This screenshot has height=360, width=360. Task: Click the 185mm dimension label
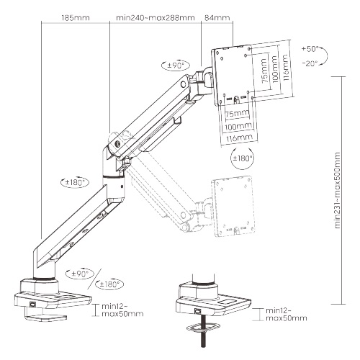click(x=76, y=18)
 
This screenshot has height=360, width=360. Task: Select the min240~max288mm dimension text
click(x=156, y=18)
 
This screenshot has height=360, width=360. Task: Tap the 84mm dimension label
click(x=217, y=17)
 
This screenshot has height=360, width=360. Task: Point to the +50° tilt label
click(x=310, y=49)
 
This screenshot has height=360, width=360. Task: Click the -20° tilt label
click(x=310, y=63)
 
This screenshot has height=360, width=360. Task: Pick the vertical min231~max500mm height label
click(x=338, y=190)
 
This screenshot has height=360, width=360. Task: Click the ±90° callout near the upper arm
click(x=176, y=66)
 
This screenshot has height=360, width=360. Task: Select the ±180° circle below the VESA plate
click(x=243, y=158)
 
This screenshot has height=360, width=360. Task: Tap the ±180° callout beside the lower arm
click(x=75, y=182)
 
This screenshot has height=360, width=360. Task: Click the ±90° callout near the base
click(x=80, y=274)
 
